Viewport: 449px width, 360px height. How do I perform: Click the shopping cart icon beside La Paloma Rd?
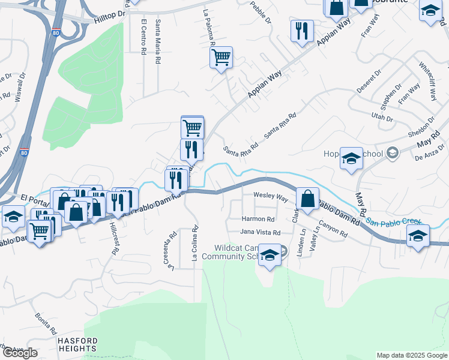click(221, 58)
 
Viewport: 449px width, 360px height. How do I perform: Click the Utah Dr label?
click(382, 116)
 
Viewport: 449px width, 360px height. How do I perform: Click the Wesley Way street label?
click(270, 196)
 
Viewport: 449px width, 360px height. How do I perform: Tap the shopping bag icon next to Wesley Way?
click(307, 199)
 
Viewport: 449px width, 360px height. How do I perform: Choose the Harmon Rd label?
click(258, 220)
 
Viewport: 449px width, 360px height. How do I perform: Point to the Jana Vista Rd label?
click(260, 232)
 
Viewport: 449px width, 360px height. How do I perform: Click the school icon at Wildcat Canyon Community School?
click(270, 256)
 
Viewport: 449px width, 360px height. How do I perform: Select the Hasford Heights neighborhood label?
click(77, 344)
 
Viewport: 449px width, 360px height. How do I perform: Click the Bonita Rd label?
click(46, 323)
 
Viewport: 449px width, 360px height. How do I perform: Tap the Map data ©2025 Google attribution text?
click(411, 355)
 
